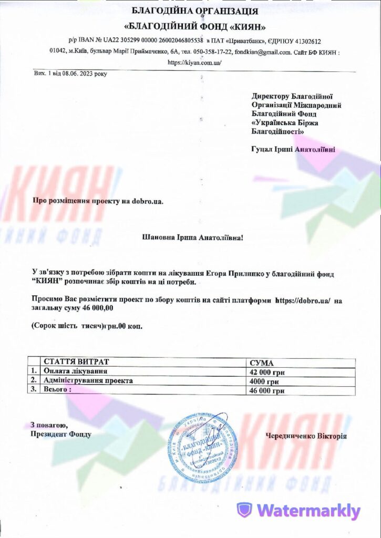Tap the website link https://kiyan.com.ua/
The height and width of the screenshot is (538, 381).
coord(194,62)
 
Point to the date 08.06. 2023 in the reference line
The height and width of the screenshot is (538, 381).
coord(84,74)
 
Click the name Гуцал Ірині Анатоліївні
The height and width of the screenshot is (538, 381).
coord(293,150)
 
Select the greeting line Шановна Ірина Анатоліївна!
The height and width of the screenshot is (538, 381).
coord(193,238)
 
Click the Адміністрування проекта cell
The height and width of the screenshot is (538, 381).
coord(88,380)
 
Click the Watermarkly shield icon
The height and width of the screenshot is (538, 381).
coord(244,510)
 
